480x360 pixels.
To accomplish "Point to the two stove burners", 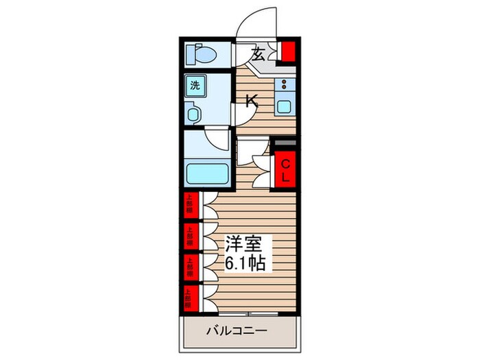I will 283,86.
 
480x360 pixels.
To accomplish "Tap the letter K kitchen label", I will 252,101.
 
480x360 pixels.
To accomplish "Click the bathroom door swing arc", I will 218,141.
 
